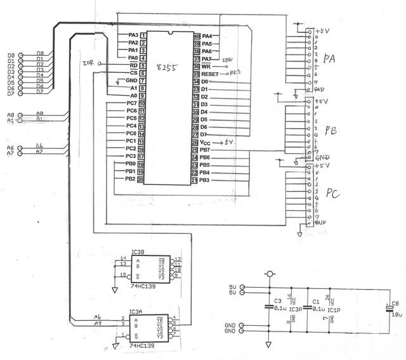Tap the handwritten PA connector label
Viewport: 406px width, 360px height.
(329, 60)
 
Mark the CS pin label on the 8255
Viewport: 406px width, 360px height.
(133, 73)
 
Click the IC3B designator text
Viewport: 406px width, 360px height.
(137, 252)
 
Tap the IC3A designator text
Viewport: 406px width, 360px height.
(136, 312)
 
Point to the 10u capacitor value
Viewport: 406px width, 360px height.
(396, 313)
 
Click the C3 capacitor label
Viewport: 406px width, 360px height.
(277, 301)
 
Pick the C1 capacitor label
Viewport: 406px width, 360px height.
(316, 301)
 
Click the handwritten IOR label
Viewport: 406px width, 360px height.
(88, 63)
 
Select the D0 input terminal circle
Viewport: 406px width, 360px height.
(21, 56)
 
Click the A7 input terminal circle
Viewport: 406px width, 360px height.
(21, 153)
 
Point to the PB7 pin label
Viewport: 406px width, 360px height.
(205, 150)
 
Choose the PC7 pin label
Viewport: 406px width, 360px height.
(131, 103)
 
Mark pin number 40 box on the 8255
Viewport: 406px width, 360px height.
(197, 36)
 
